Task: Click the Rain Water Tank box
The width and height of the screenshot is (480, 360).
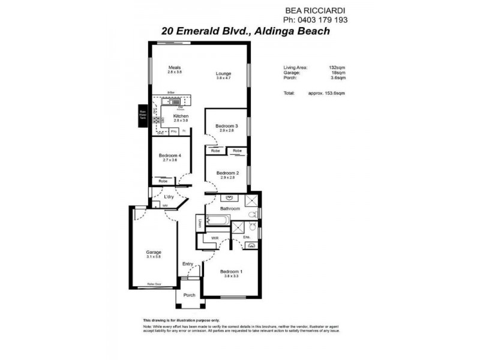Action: [143, 115]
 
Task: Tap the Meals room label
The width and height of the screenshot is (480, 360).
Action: [175, 68]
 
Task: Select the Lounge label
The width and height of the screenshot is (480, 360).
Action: [223, 74]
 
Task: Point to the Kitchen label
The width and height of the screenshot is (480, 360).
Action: [181, 116]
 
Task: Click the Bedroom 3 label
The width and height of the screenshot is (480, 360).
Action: [227, 126]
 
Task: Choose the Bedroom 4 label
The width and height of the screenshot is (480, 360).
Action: [172, 155]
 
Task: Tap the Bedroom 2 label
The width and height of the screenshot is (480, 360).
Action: [227, 173]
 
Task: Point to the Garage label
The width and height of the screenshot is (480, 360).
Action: [154, 253]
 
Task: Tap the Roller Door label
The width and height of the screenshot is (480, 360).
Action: [154, 284]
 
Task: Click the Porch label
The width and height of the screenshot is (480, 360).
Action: [190, 295]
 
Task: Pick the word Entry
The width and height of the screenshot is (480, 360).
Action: [188, 263]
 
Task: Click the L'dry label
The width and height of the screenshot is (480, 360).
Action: [169, 196]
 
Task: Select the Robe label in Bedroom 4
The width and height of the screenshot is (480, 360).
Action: [163, 181]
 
